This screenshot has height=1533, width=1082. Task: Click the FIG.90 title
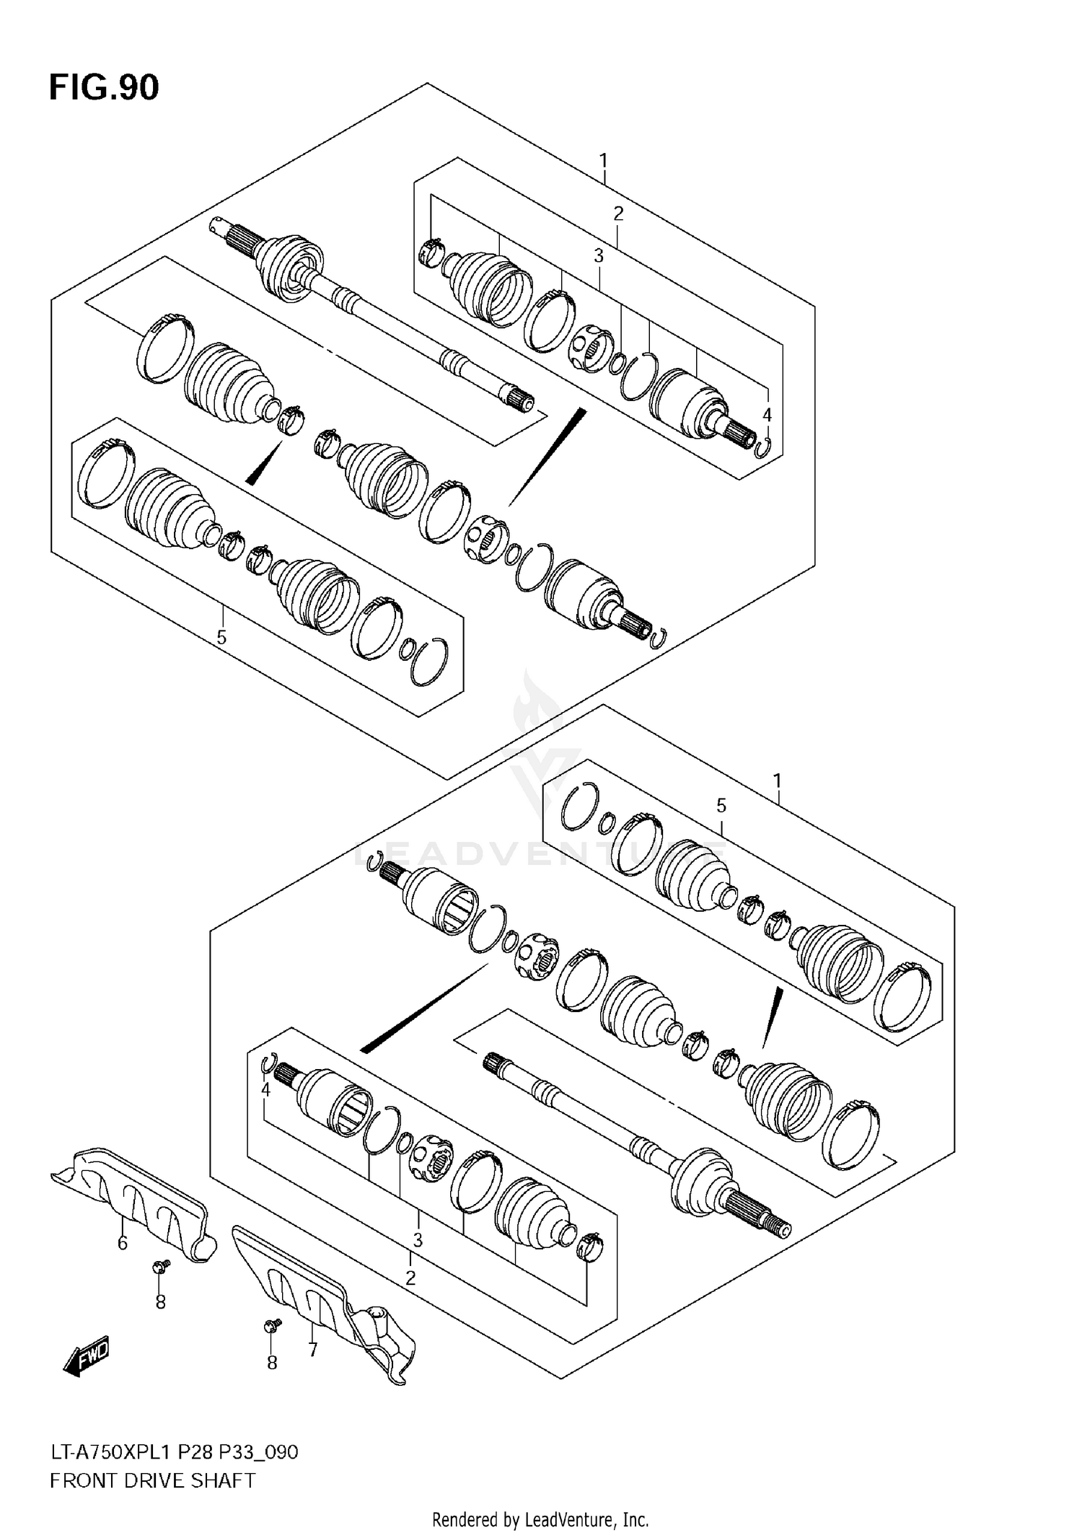point(104,88)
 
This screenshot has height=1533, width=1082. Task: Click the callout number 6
point(123,1243)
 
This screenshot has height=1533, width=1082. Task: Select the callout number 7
point(312,1349)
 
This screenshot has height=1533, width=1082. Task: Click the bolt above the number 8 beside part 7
point(273,1325)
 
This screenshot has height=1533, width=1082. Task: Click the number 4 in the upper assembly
point(767,415)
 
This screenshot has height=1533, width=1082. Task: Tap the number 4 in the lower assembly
point(265,1090)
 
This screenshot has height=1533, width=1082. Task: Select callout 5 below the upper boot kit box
point(221,637)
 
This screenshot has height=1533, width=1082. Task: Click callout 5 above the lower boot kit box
point(721,806)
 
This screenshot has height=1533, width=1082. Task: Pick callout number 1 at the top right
point(603,160)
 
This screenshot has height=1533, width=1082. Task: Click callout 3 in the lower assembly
point(417,1240)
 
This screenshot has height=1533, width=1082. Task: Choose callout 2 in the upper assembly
point(618,214)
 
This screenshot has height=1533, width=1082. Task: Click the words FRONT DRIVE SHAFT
point(152,1482)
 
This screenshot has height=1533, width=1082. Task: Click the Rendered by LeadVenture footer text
point(540,1520)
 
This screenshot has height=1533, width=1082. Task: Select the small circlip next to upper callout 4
point(765,448)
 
